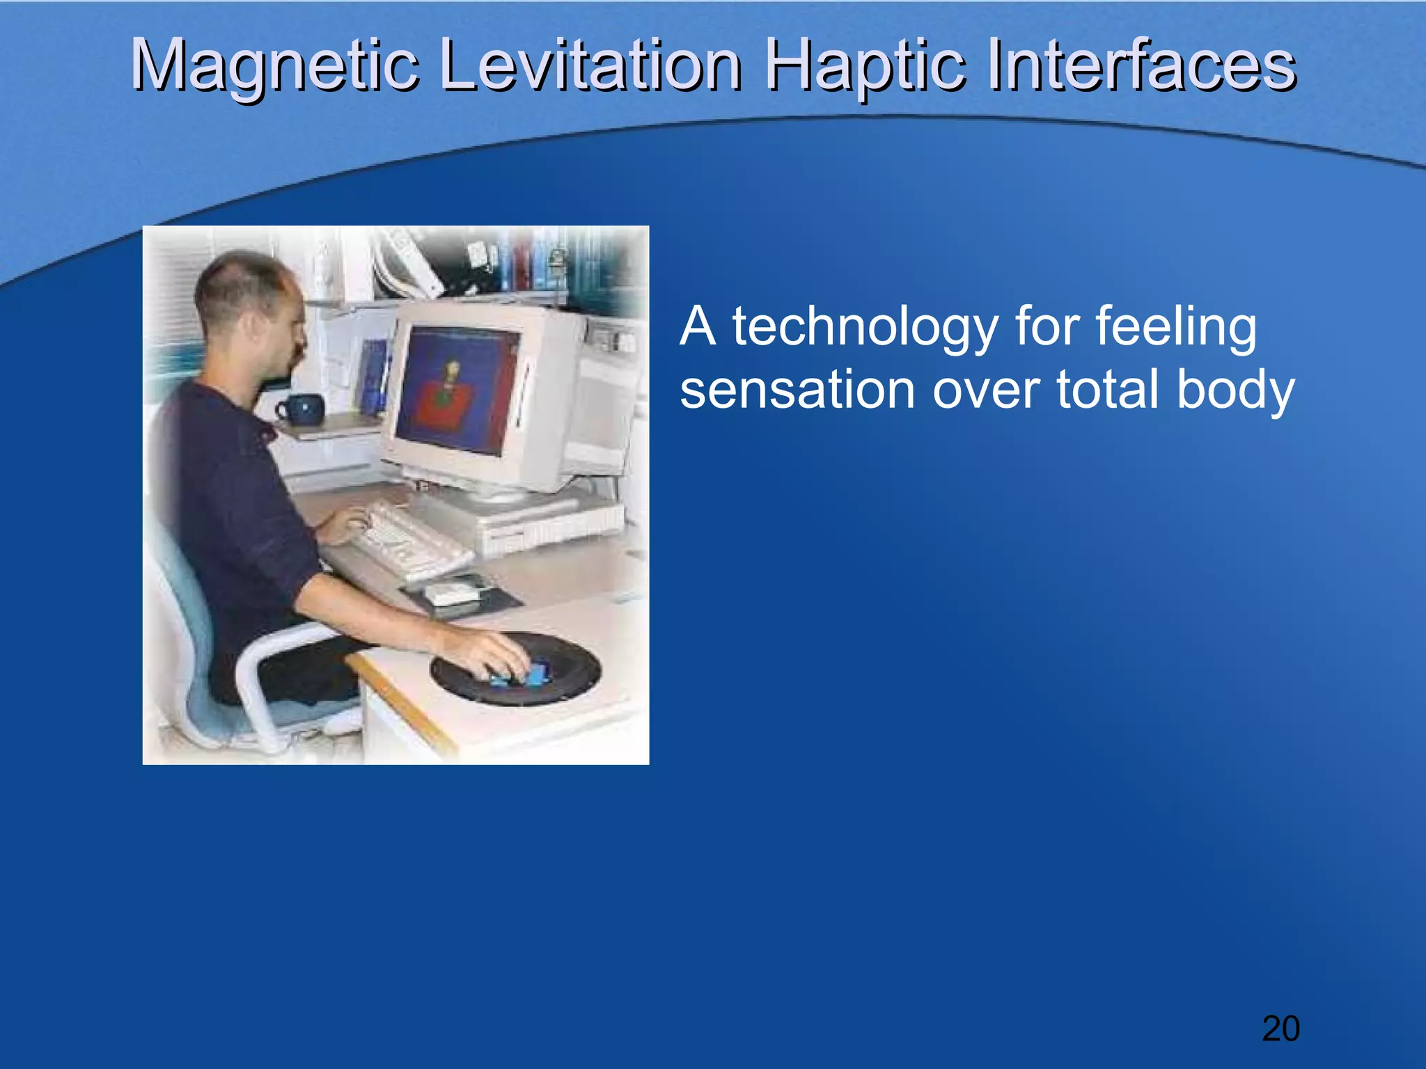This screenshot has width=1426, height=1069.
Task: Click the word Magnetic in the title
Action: (x=274, y=65)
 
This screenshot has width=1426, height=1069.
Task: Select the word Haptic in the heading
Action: (x=864, y=65)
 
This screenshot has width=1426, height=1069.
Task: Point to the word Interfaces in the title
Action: (x=1141, y=65)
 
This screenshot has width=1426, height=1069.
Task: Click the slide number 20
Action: (x=1280, y=1029)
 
